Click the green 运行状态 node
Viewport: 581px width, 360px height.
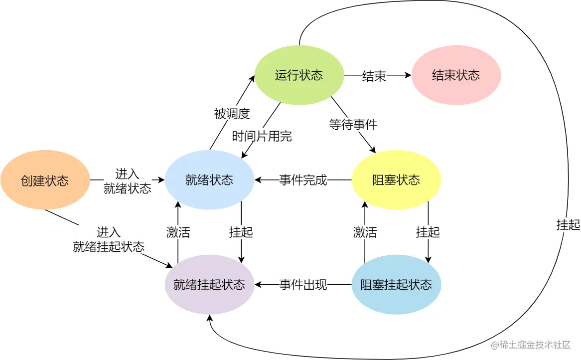(298, 75)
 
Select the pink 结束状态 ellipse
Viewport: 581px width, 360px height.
(455, 75)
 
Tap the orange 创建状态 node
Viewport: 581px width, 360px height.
(45, 180)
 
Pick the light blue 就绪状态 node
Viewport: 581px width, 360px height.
(209, 180)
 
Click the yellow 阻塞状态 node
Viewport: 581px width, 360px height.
(396, 180)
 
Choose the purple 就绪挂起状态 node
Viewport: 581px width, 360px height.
(209, 285)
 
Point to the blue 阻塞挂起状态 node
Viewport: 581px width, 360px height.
(396, 285)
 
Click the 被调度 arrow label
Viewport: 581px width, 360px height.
(232, 114)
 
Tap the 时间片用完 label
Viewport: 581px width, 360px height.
(262, 136)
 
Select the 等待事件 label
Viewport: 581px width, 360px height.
(353, 124)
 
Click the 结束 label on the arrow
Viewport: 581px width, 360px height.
(374, 76)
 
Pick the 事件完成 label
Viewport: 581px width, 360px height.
(303, 180)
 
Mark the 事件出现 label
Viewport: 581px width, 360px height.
(303, 285)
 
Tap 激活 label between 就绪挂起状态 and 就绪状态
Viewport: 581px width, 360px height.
(178, 232)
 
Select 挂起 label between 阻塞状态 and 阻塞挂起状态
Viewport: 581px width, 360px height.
(428, 232)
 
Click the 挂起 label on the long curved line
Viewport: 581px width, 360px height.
(568, 225)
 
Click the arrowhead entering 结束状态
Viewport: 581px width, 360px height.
(408, 76)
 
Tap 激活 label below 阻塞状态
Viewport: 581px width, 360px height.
(365, 232)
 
